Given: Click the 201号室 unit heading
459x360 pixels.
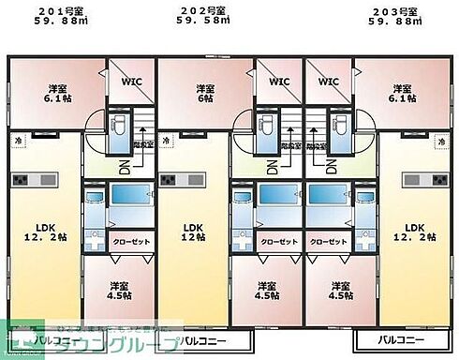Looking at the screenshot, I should coord(64,12).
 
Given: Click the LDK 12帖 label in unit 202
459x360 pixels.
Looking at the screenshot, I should coord(193,232).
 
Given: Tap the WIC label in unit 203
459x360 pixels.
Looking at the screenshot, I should coord(328,82).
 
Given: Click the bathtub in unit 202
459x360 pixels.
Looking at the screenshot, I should coord(277,195).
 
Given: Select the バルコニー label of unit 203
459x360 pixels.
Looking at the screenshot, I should coord(402,339).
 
